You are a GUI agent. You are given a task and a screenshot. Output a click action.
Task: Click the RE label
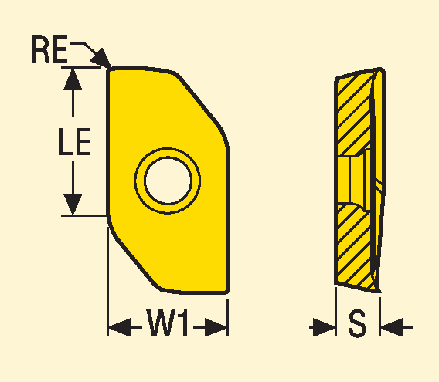[x=49, y=49]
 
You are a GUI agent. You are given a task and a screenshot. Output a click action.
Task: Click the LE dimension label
[x=74, y=141]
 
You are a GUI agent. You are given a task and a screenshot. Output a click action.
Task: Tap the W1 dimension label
[x=167, y=323]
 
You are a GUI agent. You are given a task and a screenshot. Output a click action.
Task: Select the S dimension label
[x=357, y=323]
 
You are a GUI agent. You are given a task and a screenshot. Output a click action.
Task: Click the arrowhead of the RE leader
[x=101, y=58]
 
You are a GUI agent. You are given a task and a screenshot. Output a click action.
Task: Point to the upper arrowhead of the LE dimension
[x=73, y=79]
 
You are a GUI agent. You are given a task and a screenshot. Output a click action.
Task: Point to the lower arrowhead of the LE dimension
[x=73, y=205]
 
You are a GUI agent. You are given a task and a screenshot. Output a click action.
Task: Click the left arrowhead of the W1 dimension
[x=119, y=327]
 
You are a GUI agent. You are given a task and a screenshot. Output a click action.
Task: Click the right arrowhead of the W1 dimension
[x=216, y=327]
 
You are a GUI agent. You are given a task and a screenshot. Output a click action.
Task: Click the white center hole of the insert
[x=168, y=180]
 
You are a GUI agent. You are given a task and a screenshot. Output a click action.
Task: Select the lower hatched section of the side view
[x=354, y=246]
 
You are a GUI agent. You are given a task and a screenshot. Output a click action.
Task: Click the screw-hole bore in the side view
[x=353, y=180]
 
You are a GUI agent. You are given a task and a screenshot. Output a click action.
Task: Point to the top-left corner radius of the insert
[x=109, y=69]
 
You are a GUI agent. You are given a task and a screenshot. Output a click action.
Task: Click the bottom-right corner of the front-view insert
[x=227, y=292]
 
